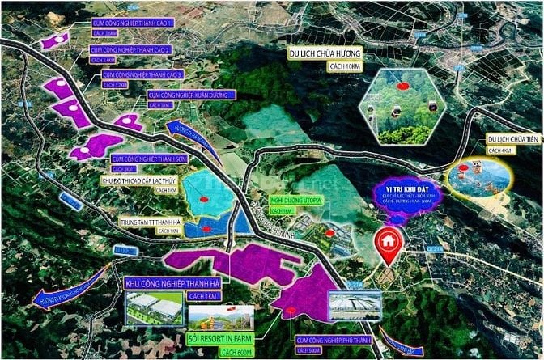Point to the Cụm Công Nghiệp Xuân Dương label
(182, 95)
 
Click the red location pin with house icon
(389, 244)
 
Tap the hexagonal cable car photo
(402, 106)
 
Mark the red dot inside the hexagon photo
(402, 83)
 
